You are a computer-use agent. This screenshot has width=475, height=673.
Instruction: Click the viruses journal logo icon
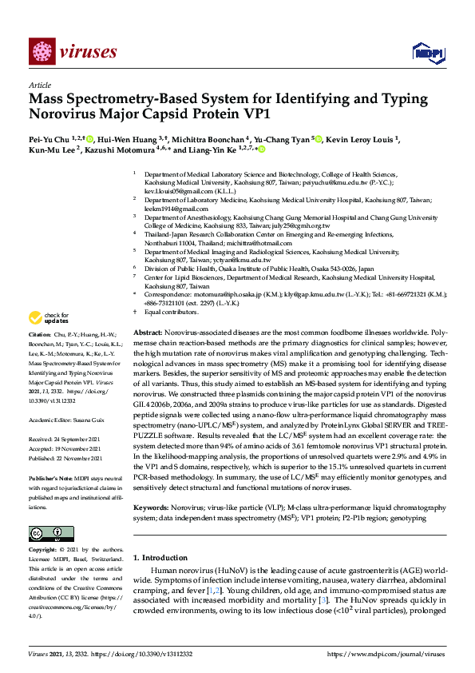tap(42, 52)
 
